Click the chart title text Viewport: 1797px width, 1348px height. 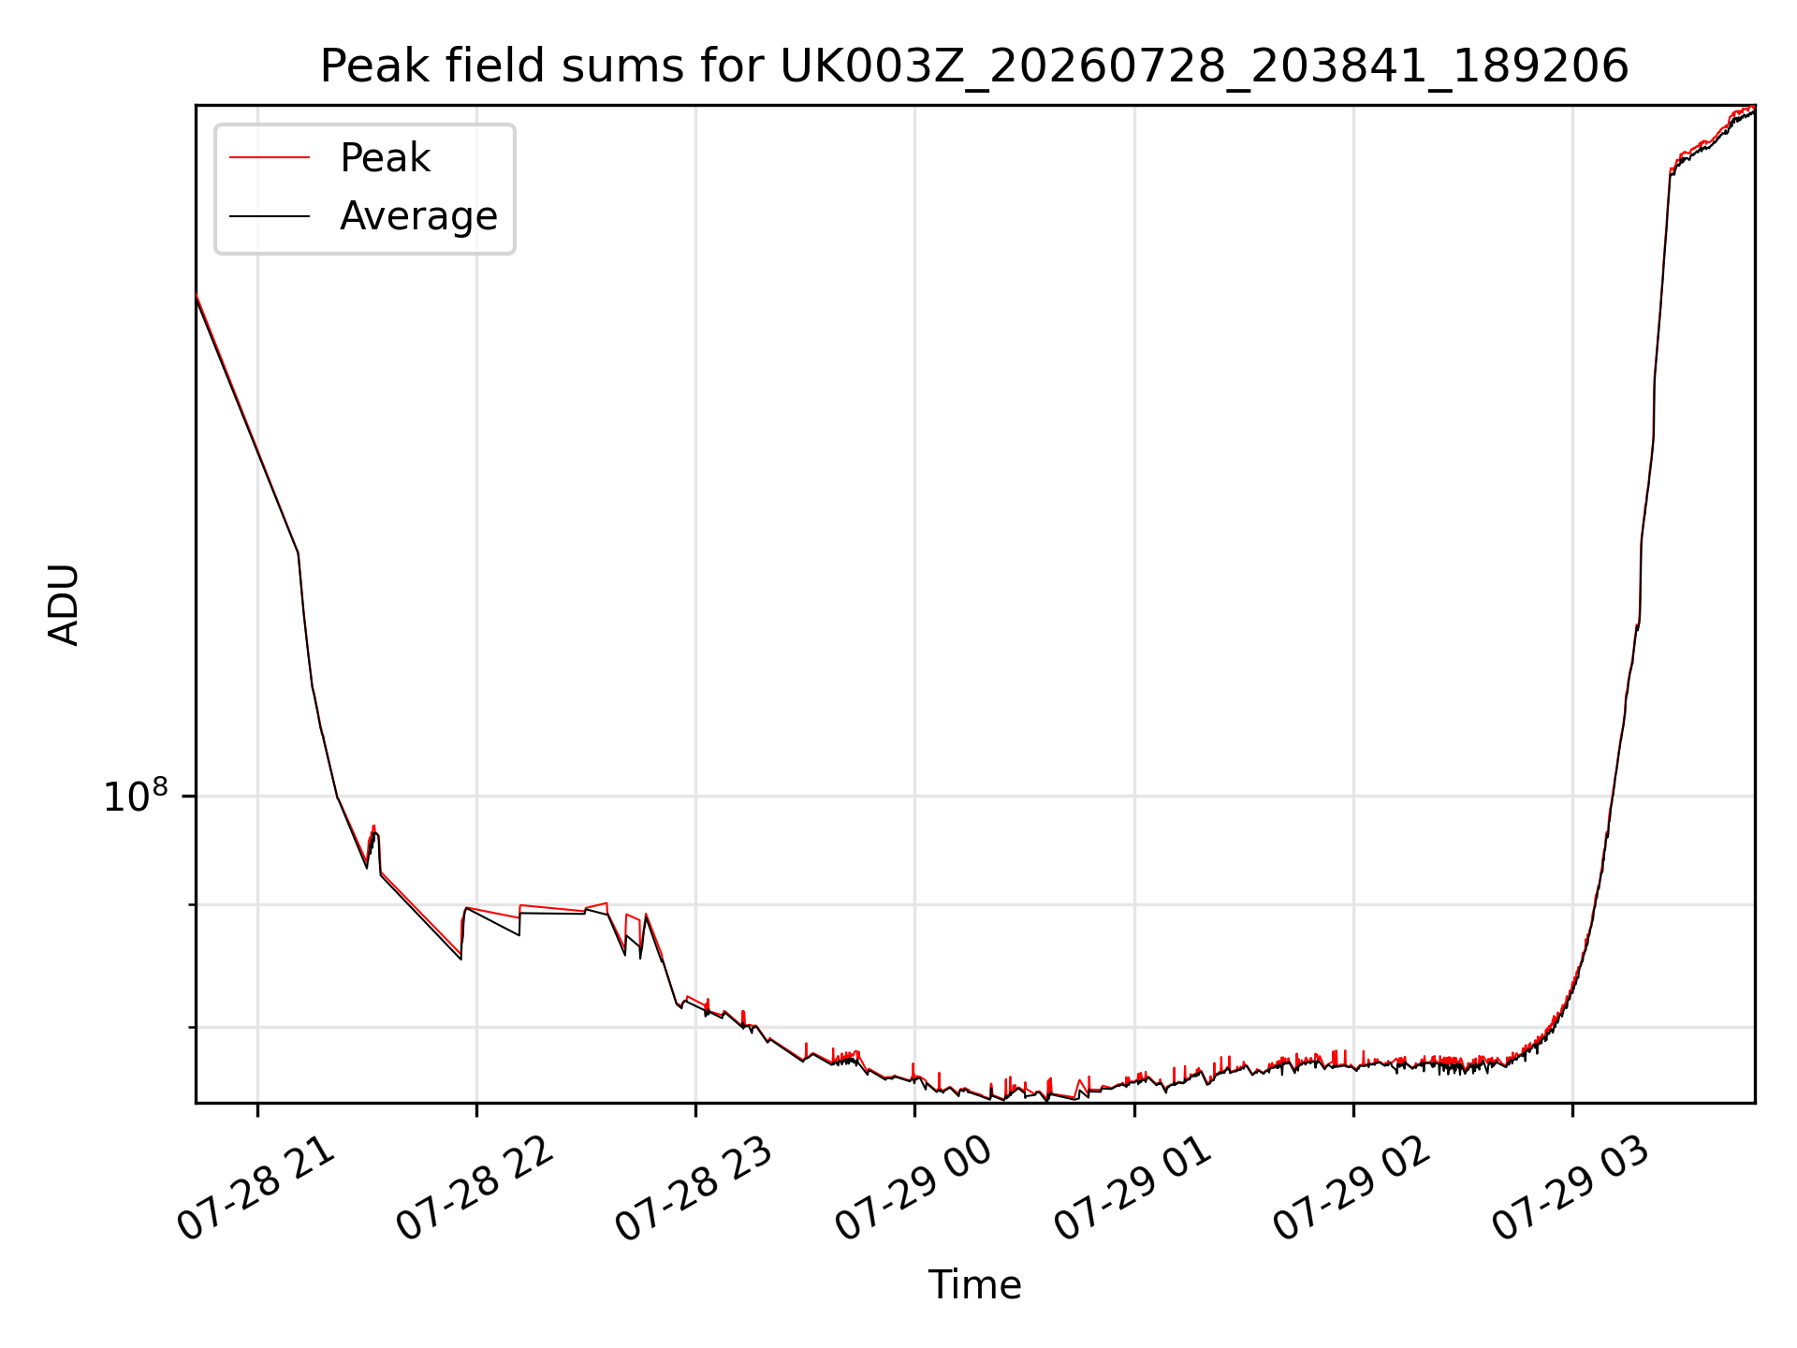coord(974,66)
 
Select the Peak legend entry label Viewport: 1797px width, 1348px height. coord(385,158)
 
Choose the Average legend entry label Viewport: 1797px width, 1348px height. coord(418,216)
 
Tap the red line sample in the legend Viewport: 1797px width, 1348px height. coord(270,158)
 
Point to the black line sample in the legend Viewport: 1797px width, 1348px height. coord(270,216)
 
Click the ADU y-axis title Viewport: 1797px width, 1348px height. coord(64,604)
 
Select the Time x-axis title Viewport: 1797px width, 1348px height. coord(974,1284)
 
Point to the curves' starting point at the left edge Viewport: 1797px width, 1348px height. coord(197,295)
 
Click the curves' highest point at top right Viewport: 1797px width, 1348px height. coord(1753,108)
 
